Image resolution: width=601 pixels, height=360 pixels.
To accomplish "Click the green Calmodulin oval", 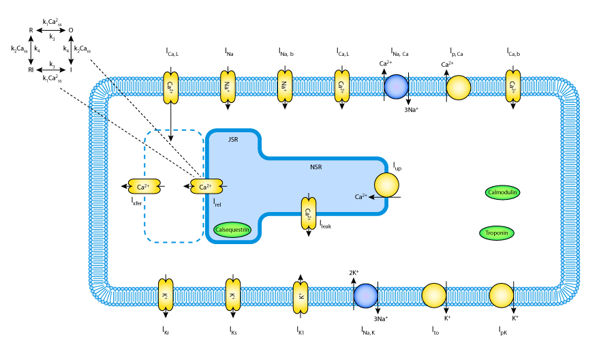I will [502, 192].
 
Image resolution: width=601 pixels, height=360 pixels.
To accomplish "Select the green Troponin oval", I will [497, 233].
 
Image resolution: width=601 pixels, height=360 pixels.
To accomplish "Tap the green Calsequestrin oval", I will [232, 230].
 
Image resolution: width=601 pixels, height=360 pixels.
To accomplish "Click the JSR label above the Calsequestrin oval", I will [233, 139].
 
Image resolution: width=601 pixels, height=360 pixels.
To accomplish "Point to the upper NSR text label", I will [315, 167].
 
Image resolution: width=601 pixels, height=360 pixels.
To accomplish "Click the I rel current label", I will [217, 202].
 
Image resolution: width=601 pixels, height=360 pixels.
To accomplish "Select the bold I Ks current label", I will [233, 331].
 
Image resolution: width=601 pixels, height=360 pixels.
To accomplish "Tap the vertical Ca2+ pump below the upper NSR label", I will [309, 213].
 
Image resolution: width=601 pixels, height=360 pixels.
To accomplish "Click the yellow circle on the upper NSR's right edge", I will [386, 185].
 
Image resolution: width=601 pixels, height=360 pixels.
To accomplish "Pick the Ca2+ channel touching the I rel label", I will [206, 186].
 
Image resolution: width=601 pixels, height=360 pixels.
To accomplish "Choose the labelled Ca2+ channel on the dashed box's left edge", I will [144, 186].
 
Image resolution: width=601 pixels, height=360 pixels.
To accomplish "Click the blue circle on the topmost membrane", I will [396, 87].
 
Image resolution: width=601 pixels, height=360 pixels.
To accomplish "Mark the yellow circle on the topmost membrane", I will [459, 87].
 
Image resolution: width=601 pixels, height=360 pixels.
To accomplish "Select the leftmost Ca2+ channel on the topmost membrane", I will [171, 87].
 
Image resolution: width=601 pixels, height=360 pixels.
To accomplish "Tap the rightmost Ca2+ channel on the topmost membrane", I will [512, 87].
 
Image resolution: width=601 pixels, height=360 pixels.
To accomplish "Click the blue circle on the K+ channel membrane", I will [365, 296].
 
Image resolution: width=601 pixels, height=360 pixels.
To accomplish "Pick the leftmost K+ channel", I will [166, 295].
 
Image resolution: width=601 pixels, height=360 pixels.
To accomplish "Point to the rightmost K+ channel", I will [300, 297].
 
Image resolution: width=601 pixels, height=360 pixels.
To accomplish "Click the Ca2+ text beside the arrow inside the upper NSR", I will [360, 197].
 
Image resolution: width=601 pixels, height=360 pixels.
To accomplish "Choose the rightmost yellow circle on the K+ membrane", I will [502, 296].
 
